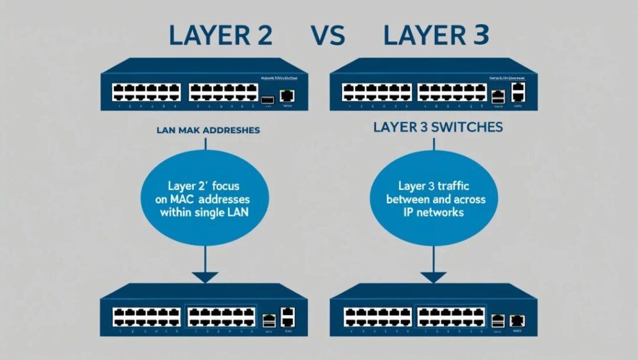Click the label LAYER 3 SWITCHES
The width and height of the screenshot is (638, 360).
tap(437, 128)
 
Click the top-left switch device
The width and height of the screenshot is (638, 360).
tap(204, 85)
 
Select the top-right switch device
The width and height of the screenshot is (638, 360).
tap(434, 85)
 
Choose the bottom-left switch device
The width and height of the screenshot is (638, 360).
tap(204, 310)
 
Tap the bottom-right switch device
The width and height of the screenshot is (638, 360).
tap(434, 310)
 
